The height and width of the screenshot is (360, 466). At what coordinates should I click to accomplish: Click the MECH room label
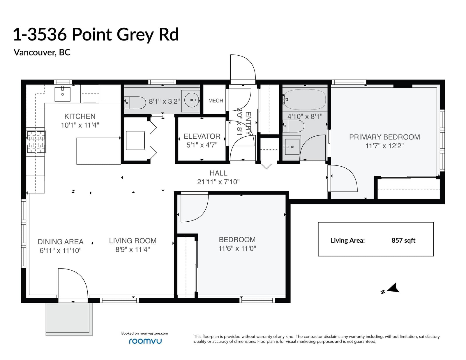(x=216, y=100)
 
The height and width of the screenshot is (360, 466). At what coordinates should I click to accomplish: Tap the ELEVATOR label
(x=202, y=136)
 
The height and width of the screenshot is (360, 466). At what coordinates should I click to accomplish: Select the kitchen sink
(x=62, y=94)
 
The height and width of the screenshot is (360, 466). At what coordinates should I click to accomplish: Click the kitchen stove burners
(x=36, y=142)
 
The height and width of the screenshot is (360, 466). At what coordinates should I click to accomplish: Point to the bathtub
(x=305, y=100)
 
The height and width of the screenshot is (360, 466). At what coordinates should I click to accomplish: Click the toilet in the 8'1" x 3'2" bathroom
(x=135, y=103)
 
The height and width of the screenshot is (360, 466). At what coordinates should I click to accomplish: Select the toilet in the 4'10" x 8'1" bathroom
(x=293, y=126)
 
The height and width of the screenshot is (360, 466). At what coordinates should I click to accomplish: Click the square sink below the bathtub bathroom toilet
(x=292, y=147)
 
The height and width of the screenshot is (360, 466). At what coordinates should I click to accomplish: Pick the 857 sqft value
(x=403, y=240)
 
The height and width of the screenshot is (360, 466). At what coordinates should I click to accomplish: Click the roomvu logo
(x=145, y=341)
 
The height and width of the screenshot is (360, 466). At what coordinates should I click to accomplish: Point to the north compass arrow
(x=393, y=288)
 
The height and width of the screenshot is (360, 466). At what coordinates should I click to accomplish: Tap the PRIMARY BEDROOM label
(x=384, y=137)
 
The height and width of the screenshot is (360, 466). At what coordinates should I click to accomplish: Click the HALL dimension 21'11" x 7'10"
(x=218, y=182)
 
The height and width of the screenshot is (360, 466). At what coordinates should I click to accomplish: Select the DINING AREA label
(x=61, y=242)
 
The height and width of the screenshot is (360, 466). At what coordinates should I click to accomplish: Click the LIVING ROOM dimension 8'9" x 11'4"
(x=133, y=249)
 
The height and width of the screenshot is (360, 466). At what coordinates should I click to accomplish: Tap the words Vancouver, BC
(x=42, y=52)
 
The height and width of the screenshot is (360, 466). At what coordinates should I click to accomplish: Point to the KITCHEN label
(x=80, y=117)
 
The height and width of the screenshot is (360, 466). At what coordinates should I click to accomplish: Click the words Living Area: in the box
(x=348, y=241)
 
